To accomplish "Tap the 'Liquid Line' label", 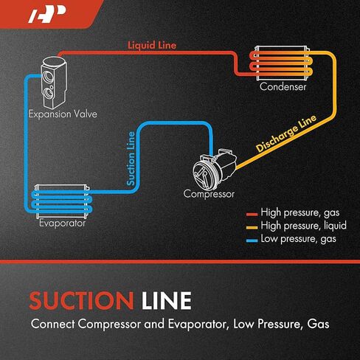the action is tap(152, 45).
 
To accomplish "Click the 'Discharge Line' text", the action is tap(286, 133).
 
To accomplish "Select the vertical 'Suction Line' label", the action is tap(131, 159).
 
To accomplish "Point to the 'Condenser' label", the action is tap(283, 86).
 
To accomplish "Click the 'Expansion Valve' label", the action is tap(63, 114).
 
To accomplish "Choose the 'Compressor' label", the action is tap(209, 194).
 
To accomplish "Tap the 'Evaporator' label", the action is tap(63, 223).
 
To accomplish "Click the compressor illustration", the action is tap(215, 169).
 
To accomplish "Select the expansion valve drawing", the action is tap(54, 83).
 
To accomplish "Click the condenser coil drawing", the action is tap(282, 63).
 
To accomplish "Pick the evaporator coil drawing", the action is tap(62, 201).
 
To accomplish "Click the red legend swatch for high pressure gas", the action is tap(252, 215).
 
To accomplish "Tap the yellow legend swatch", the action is tap(252, 227).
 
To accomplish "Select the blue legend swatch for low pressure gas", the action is tap(252, 240).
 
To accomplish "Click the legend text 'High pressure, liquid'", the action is tap(304, 226).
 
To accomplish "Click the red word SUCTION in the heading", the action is tap(81, 300).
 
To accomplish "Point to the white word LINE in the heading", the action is tap(167, 300).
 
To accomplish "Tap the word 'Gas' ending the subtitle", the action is tap(318, 324).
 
